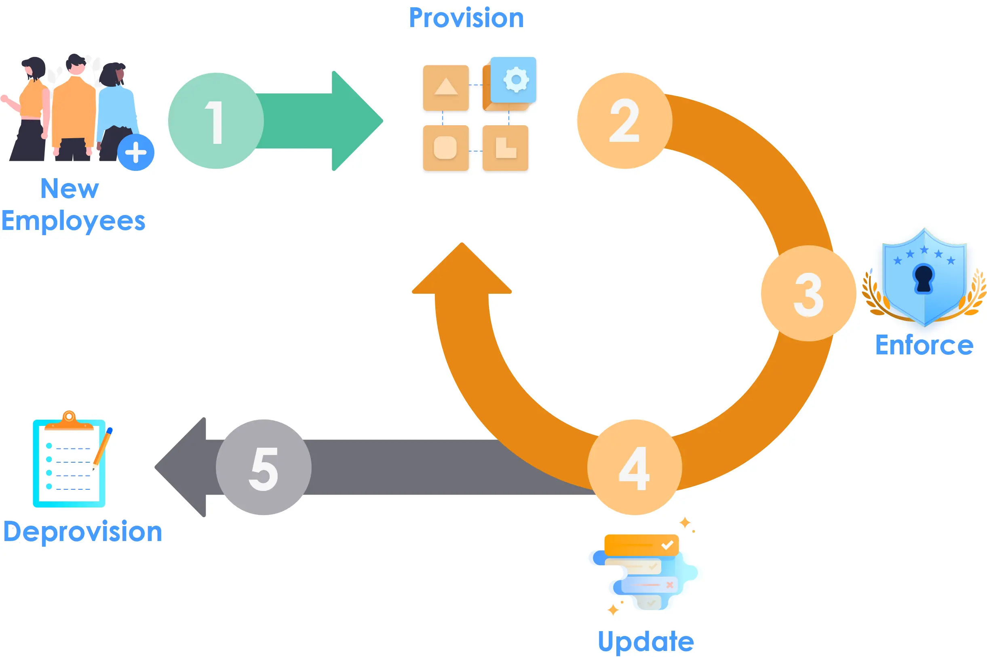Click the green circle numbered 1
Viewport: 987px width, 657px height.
(216, 121)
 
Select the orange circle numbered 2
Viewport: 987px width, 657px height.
(624, 121)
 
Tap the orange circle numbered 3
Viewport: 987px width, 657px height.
(808, 293)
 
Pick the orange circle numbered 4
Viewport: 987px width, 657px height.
(635, 467)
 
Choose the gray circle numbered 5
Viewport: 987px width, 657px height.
(264, 467)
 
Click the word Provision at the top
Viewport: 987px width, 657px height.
(466, 18)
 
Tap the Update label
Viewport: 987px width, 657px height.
(645, 642)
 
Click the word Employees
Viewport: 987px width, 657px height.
(73, 221)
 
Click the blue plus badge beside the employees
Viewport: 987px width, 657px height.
(136, 152)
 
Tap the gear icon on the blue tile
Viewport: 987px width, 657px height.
(516, 80)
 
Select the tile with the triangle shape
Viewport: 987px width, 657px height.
(445, 88)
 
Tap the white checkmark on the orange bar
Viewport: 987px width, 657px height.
(667, 545)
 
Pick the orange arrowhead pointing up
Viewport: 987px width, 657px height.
(462, 270)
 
